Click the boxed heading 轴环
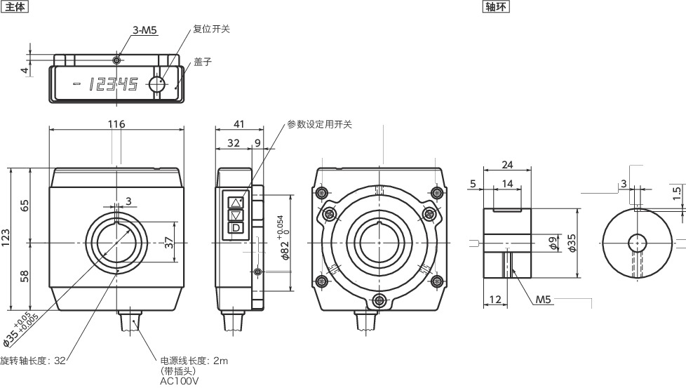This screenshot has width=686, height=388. point(497,7)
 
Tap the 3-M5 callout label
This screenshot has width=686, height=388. point(145,30)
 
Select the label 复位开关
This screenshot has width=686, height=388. point(211,29)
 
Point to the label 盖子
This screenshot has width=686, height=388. point(203,62)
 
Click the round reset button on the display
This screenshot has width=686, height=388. point(156,84)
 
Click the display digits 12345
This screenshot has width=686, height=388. point(113,85)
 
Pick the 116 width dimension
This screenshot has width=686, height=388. point(116,124)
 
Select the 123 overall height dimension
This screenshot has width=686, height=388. point(6,239)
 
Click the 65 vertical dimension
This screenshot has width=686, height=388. point(25,206)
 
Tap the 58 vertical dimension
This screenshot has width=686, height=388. point(25,276)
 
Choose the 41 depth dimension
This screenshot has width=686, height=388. point(238,124)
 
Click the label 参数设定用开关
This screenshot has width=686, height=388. point(319,124)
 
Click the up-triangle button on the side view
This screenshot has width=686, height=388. point(236,202)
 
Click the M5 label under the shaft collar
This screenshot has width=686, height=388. point(544,300)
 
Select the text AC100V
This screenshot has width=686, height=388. point(180,382)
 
